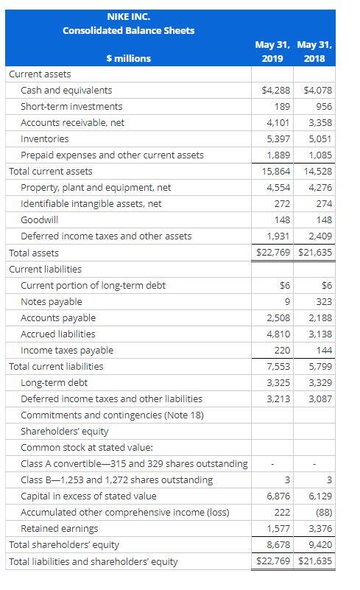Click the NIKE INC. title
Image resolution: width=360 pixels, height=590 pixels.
(x=128, y=15)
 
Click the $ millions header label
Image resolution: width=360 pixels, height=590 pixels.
(x=128, y=58)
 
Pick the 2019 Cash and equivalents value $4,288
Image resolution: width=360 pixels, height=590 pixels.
(x=277, y=91)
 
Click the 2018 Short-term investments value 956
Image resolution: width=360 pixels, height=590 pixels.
(x=324, y=107)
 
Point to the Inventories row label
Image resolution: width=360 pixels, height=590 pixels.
(x=45, y=139)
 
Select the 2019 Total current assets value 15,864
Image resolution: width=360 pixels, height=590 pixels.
(x=276, y=172)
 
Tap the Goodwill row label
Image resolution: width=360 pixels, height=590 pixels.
(x=40, y=220)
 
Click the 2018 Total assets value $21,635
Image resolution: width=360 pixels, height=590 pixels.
(x=317, y=253)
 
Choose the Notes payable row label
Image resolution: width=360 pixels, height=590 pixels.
(x=52, y=301)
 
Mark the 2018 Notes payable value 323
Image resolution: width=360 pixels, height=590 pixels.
(x=324, y=301)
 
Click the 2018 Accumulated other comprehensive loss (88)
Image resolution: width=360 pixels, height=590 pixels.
(x=323, y=512)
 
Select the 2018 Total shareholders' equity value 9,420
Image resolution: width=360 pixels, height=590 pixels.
(x=320, y=545)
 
